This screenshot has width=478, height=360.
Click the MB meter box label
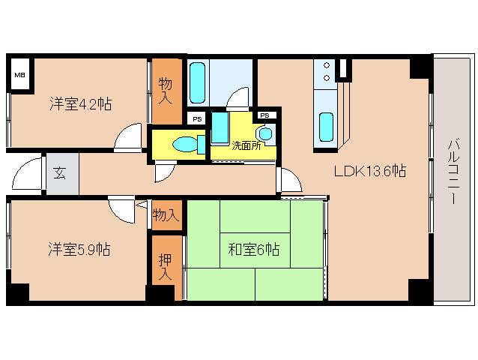[x=20, y=75]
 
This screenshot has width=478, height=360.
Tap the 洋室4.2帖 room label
[x=81, y=104]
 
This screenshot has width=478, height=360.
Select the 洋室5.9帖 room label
[x=79, y=249]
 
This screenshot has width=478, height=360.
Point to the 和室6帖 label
[x=254, y=250]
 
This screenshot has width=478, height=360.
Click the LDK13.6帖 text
[x=370, y=171]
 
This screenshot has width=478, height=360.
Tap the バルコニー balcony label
[x=454, y=171]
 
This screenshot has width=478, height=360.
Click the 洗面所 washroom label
[x=246, y=145]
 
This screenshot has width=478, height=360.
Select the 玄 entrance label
[x=59, y=173]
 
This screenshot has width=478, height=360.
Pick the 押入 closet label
[x=166, y=267]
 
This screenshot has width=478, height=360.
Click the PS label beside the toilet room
[x=197, y=119]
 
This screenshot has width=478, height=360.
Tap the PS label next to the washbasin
[x=265, y=115]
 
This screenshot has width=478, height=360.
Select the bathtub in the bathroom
[x=197, y=83]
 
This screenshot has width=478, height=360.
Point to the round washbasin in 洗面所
[x=265, y=133]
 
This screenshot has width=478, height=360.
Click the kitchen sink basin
[x=326, y=127]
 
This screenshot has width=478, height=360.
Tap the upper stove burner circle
[x=327, y=65]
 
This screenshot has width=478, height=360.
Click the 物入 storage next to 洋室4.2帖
[x=166, y=91]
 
